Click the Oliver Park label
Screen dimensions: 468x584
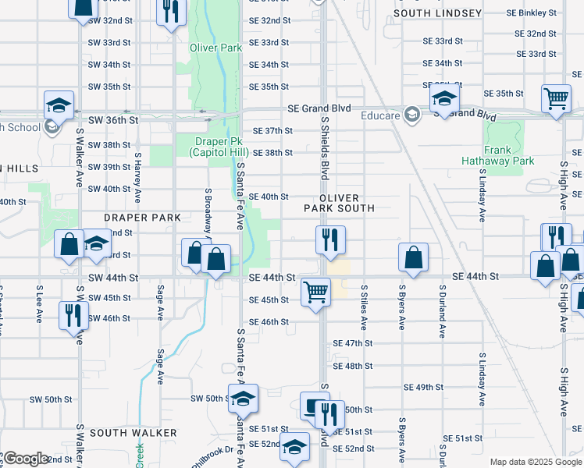point(215,48)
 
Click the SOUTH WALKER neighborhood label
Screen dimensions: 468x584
point(133,432)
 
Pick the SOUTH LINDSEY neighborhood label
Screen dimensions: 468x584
point(438,13)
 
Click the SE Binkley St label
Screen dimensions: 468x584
point(532,13)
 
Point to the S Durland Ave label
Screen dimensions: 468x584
point(441,315)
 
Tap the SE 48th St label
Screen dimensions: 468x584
point(353,366)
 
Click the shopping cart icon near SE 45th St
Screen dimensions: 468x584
point(315,292)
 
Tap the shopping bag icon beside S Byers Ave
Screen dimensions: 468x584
point(413,257)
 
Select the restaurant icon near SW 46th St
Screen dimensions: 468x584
point(69,315)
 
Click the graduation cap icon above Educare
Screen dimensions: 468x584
point(443,98)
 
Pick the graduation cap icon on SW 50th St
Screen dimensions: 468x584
point(244,398)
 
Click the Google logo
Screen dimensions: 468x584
point(25,459)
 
